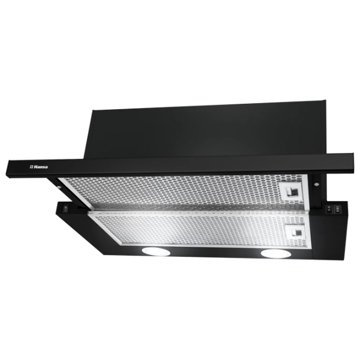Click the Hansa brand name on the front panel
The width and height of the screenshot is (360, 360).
coord(41,167)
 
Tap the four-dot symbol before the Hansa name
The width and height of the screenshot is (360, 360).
coord(31,167)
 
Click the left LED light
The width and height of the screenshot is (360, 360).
coord(156,251)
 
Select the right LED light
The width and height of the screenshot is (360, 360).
coord(276,253)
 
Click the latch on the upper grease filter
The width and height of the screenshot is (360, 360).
coord(290,191)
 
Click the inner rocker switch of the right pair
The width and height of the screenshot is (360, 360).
coord(329,208)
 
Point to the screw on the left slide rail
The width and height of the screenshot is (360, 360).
coord(60,187)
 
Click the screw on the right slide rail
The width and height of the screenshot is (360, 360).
coord(317,184)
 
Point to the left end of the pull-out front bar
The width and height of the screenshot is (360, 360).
coord(7,168)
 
